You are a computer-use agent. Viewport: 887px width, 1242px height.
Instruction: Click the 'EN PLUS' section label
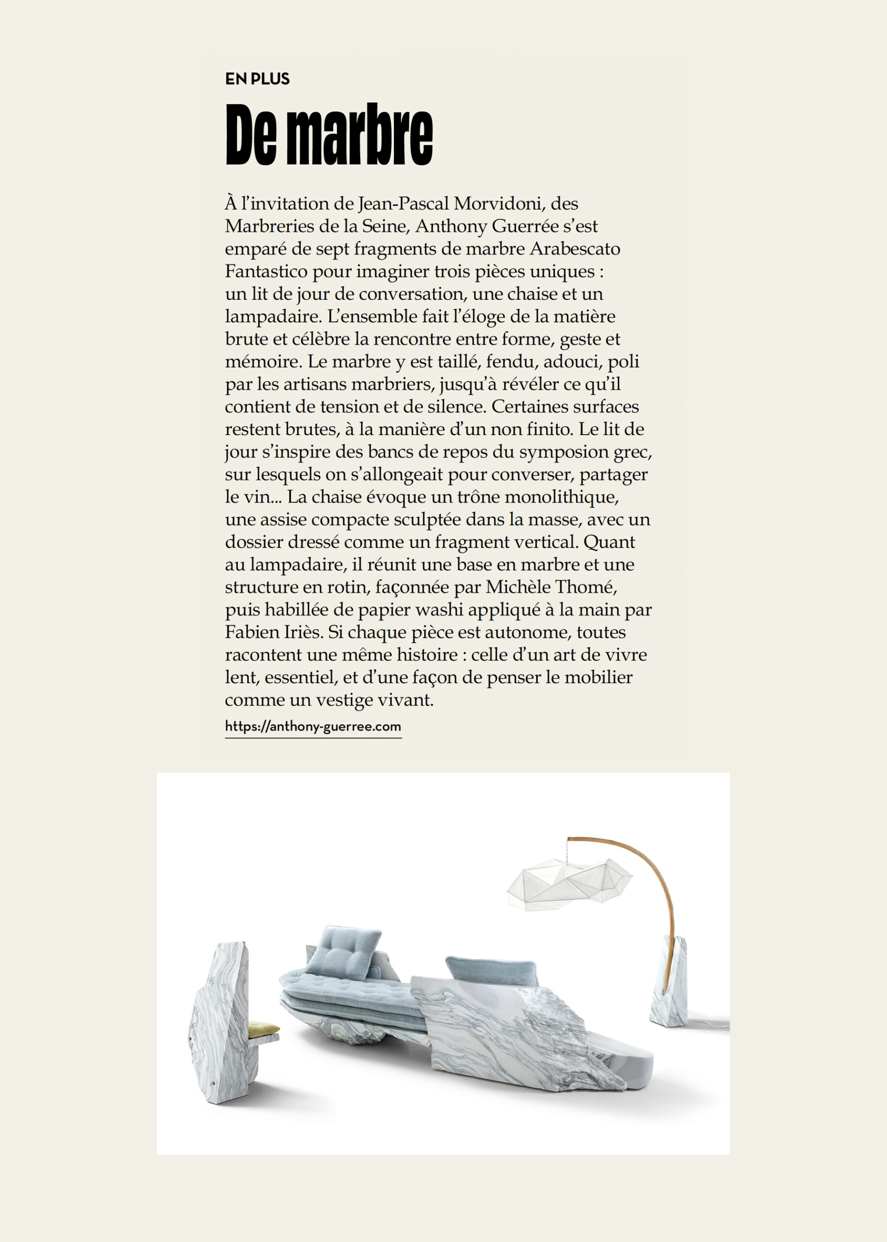[257, 79]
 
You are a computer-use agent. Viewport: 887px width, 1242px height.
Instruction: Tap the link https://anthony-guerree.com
[313, 727]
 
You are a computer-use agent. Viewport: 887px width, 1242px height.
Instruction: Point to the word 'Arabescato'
[575, 249]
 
